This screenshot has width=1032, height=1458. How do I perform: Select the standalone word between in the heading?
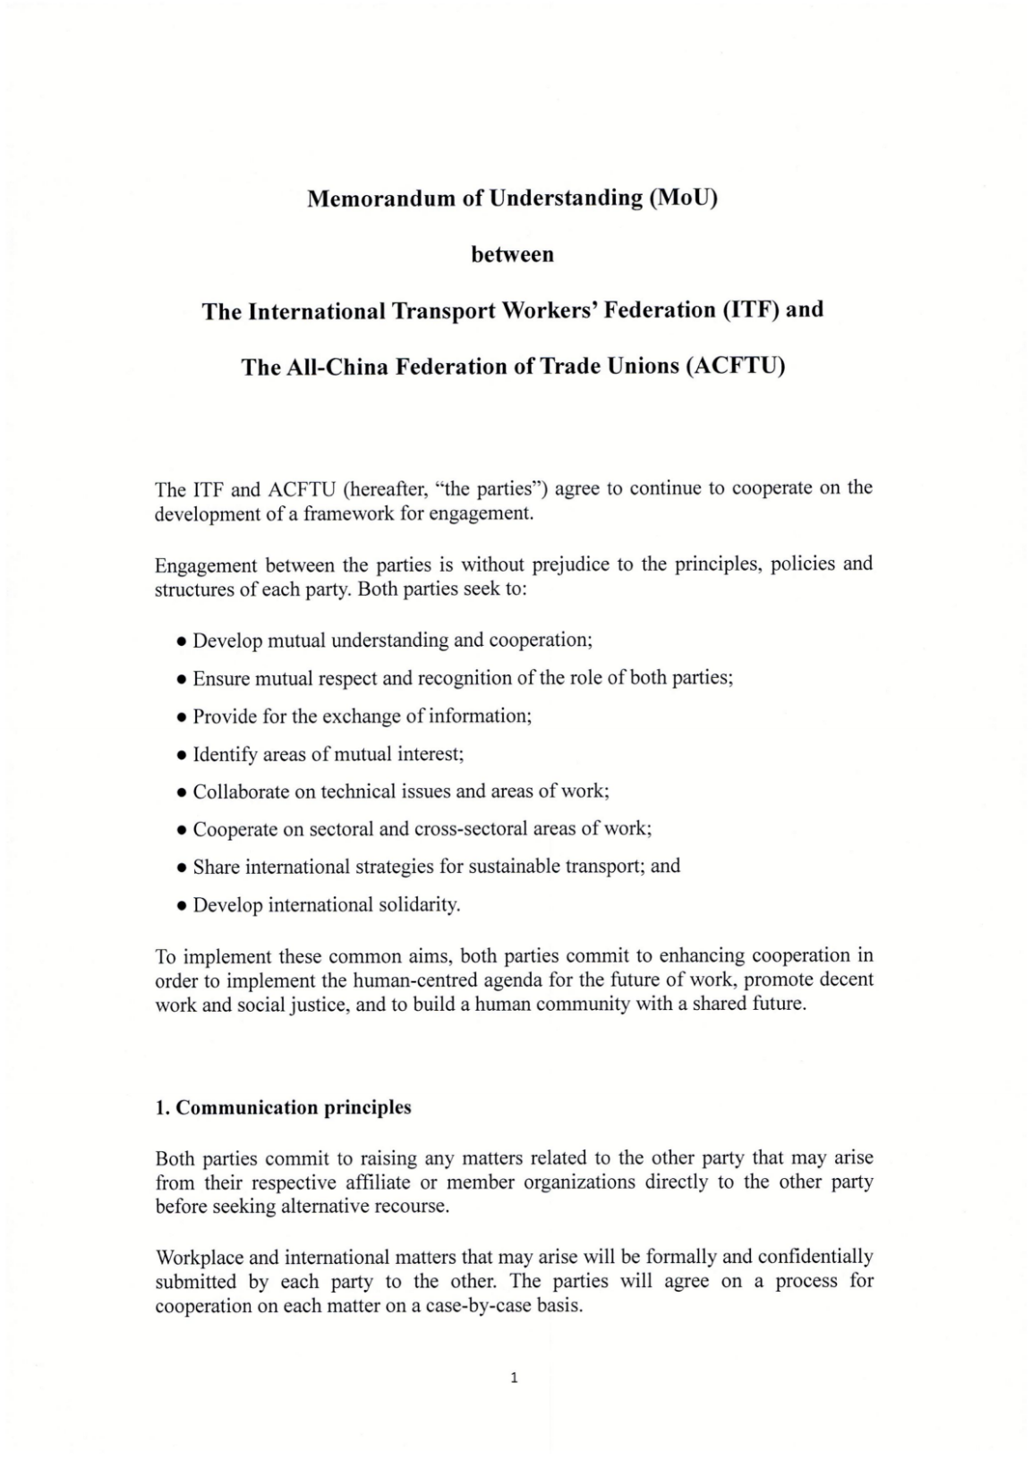click(x=512, y=255)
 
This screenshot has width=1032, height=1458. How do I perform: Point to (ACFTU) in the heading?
click(x=735, y=368)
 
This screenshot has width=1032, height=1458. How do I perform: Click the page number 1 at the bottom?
click(x=514, y=1378)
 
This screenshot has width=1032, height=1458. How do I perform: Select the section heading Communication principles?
click(x=294, y=1107)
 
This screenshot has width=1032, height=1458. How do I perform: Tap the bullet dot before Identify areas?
click(x=182, y=756)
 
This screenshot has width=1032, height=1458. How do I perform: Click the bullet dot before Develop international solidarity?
click(x=182, y=906)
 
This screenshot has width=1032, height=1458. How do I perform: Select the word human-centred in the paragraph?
click(x=411, y=979)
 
